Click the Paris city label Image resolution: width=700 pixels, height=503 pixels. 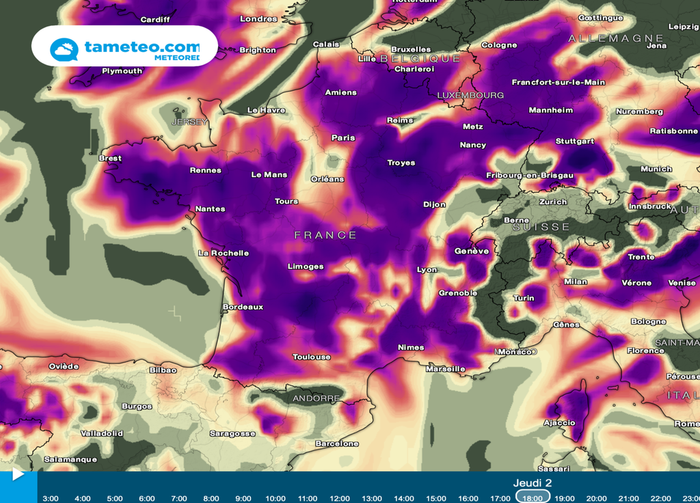click(x=343, y=137)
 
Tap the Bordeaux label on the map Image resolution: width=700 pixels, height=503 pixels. click(x=243, y=307)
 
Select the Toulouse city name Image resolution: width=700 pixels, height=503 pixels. click(x=311, y=357)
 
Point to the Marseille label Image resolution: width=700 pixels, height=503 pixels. click(x=445, y=368)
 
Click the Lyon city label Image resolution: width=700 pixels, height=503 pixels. click(x=427, y=269)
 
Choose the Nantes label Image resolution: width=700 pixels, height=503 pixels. click(x=210, y=208)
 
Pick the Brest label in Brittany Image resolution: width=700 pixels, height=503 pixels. click(x=110, y=158)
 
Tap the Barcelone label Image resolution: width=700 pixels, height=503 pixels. click(x=337, y=444)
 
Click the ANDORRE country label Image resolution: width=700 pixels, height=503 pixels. click(x=316, y=398)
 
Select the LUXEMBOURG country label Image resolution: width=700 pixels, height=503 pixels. click(x=470, y=95)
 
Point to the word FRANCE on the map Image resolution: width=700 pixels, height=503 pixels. click(x=325, y=235)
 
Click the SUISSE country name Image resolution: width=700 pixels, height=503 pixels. click(x=541, y=226)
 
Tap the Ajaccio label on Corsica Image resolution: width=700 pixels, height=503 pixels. click(x=559, y=422)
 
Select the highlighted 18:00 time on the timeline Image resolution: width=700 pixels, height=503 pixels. click(x=533, y=498)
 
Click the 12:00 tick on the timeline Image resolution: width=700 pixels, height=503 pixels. click(x=340, y=498)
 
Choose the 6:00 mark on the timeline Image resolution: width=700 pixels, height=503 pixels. click(x=146, y=498)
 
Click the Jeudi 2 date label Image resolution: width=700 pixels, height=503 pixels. click(x=533, y=482)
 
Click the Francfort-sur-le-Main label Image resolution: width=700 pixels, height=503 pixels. click(x=558, y=82)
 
